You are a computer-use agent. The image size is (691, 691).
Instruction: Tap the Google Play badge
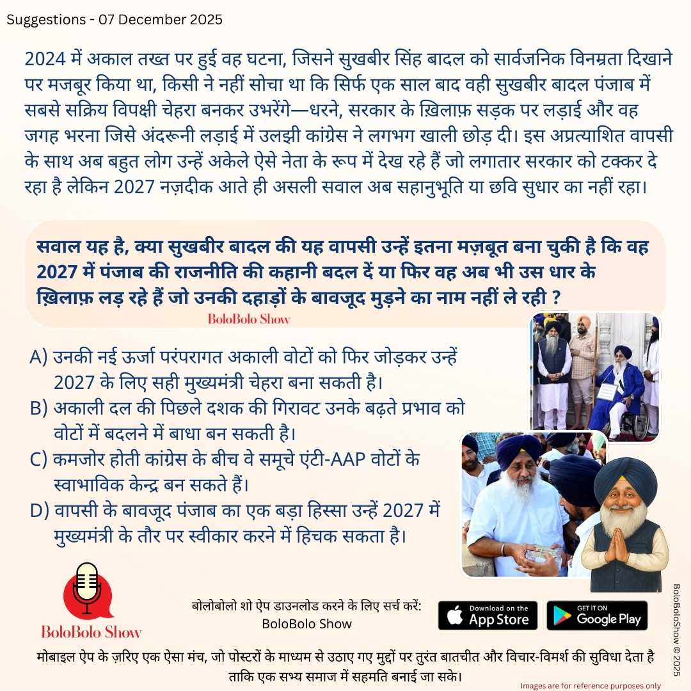pyautogui.click(x=597, y=615)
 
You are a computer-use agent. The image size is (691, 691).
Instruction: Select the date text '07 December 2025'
pyautogui.click(x=160, y=19)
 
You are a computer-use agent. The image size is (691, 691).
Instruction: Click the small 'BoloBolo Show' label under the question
pyautogui.click(x=248, y=319)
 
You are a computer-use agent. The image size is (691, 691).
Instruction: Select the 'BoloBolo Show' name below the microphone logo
pyautogui.click(x=91, y=631)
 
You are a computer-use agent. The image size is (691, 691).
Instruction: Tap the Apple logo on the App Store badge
pyautogui.click(x=454, y=616)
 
